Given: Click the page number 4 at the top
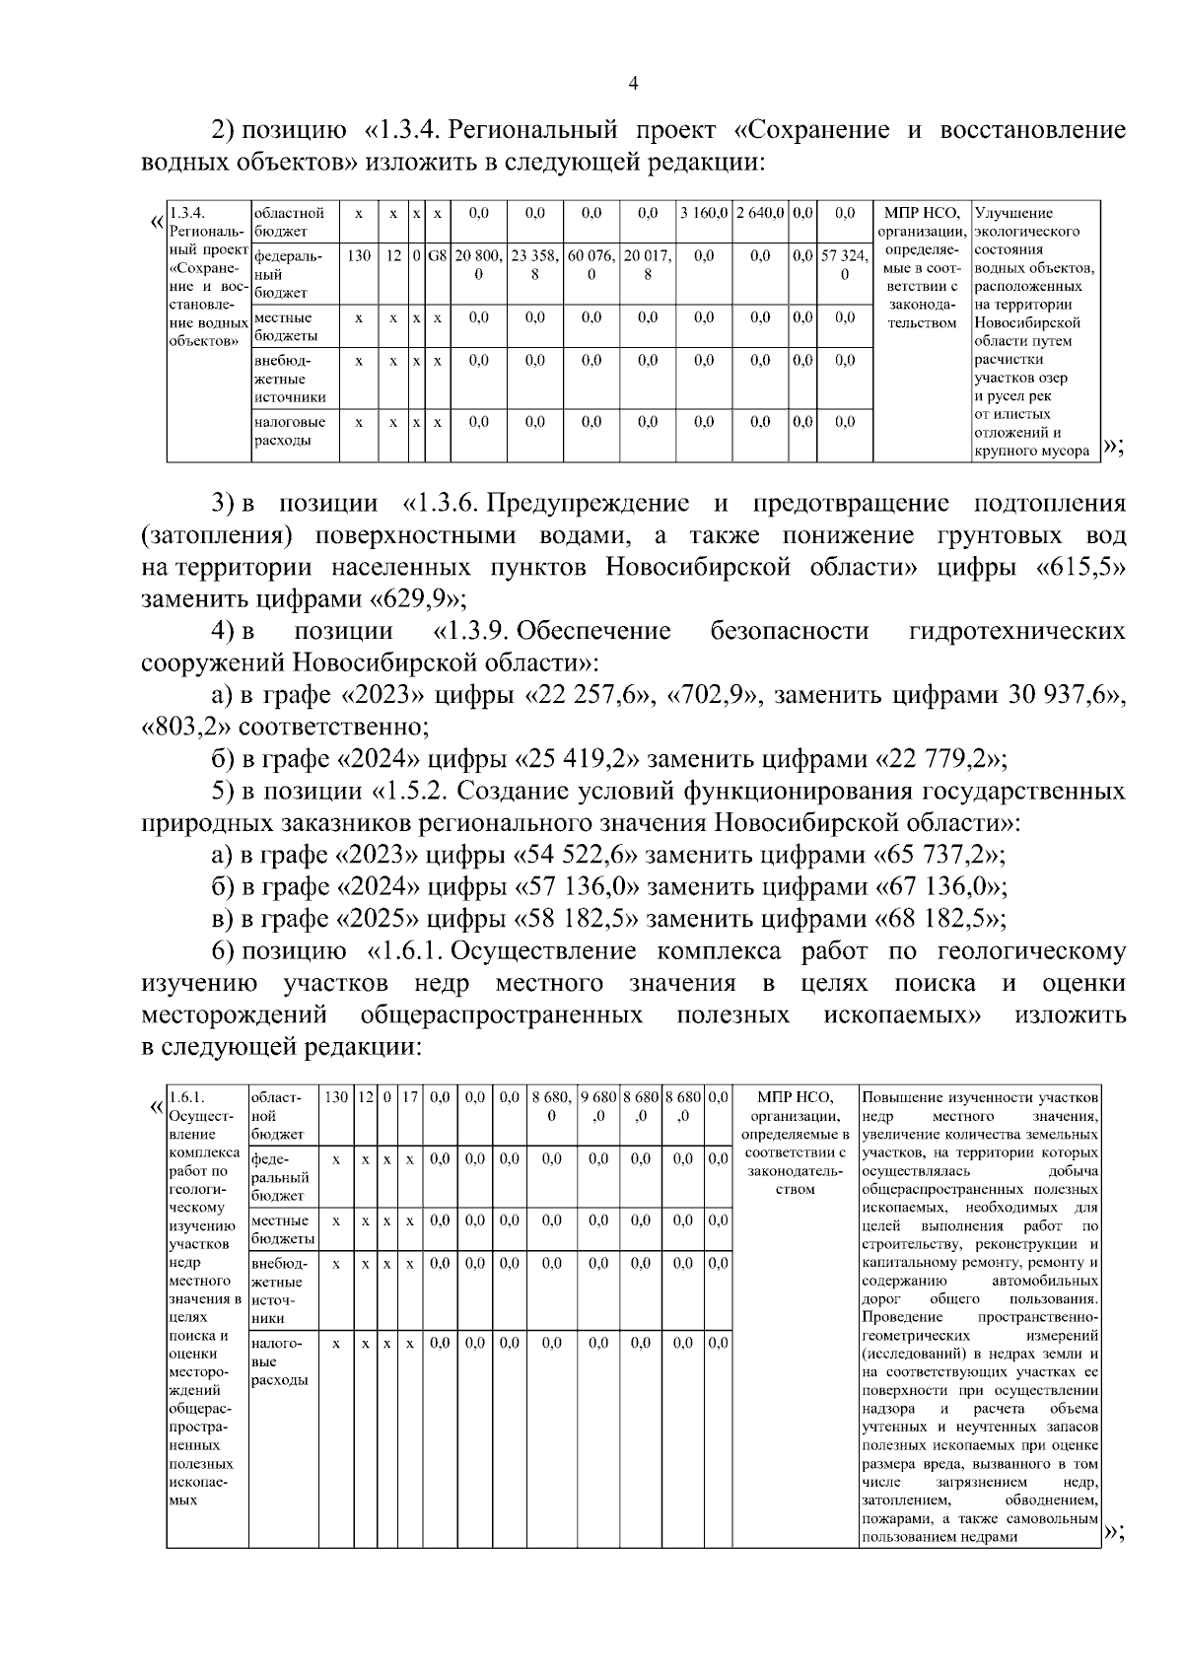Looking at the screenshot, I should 633,85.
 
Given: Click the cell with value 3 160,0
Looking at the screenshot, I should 703,213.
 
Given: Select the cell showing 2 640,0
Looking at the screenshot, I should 760,213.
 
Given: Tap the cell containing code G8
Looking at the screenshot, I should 437,256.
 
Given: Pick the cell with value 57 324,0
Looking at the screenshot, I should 845,265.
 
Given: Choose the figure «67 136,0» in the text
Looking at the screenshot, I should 939,886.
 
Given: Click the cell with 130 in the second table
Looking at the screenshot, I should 337,1097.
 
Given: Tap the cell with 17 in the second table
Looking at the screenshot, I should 410,1097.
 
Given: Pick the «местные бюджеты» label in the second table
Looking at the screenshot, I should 283,1229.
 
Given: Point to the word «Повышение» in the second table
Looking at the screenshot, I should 898,1097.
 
